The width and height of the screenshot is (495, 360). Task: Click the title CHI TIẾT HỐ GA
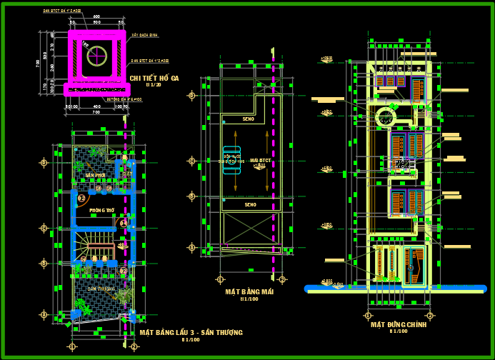[x=154, y=77]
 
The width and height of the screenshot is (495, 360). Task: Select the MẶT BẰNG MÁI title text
[x=249, y=291]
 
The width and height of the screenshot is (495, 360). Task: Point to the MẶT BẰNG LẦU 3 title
[x=191, y=332]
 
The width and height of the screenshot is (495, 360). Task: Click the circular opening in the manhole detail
[x=96, y=54]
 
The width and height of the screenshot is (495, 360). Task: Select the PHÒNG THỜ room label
[x=102, y=211]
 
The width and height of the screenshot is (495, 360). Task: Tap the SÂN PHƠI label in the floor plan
[x=95, y=175]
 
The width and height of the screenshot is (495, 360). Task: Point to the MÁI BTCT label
[x=261, y=161]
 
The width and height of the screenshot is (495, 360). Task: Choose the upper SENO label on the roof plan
[x=249, y=119]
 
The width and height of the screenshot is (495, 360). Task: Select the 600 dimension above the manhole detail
[x=96, y=16]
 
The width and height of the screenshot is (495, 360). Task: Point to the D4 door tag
[x=124, y=224]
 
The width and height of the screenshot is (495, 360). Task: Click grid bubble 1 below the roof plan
[x=221, y=279]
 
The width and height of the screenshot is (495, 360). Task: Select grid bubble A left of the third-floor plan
[x=44, y=314]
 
